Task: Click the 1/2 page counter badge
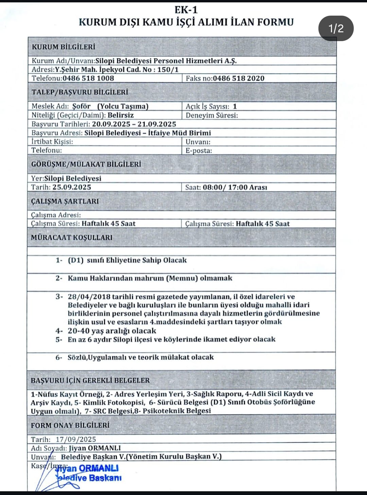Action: [x=336, y=29]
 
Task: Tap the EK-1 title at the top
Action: [x=186, y=10]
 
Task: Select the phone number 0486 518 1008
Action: [x=88, y=78]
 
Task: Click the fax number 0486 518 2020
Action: [x=239, y=78]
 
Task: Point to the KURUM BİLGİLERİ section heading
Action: [x=64, y=47]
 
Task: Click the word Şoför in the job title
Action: [x=81, y=106]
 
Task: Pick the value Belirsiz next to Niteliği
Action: [x=121, y=115]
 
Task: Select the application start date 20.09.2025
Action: [x=111, y=124]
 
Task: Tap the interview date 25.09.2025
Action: [x=72, y=187]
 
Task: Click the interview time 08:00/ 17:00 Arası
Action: [x=235, y=188]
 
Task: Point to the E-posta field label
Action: [x=198, y=151]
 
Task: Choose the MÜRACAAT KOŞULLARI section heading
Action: [x=72, y=237]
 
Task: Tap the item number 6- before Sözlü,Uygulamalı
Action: [x=59, y=357]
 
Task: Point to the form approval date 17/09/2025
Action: [x=76, y=439]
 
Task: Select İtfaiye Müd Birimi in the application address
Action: [x=179, y=133]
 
